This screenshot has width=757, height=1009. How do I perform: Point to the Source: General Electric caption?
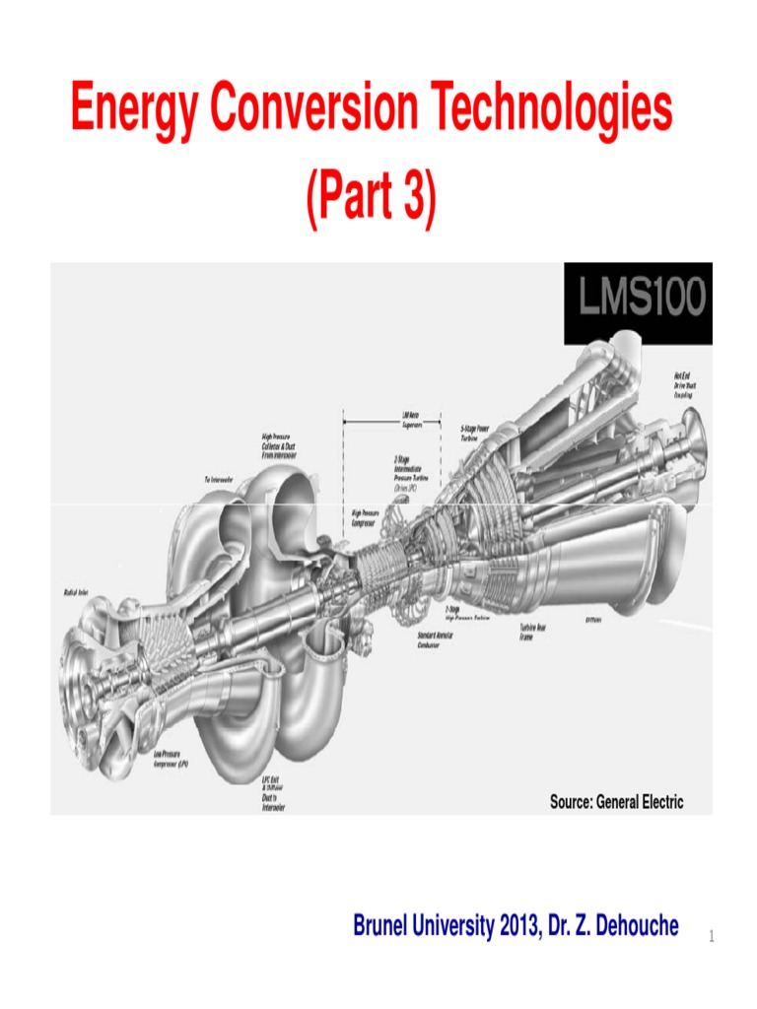pos(616,802)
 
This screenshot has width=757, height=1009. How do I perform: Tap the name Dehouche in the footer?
pos(628,926)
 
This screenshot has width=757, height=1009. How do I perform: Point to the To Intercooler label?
pos(219,479)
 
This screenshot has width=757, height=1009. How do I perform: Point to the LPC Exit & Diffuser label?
pos(274,792)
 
